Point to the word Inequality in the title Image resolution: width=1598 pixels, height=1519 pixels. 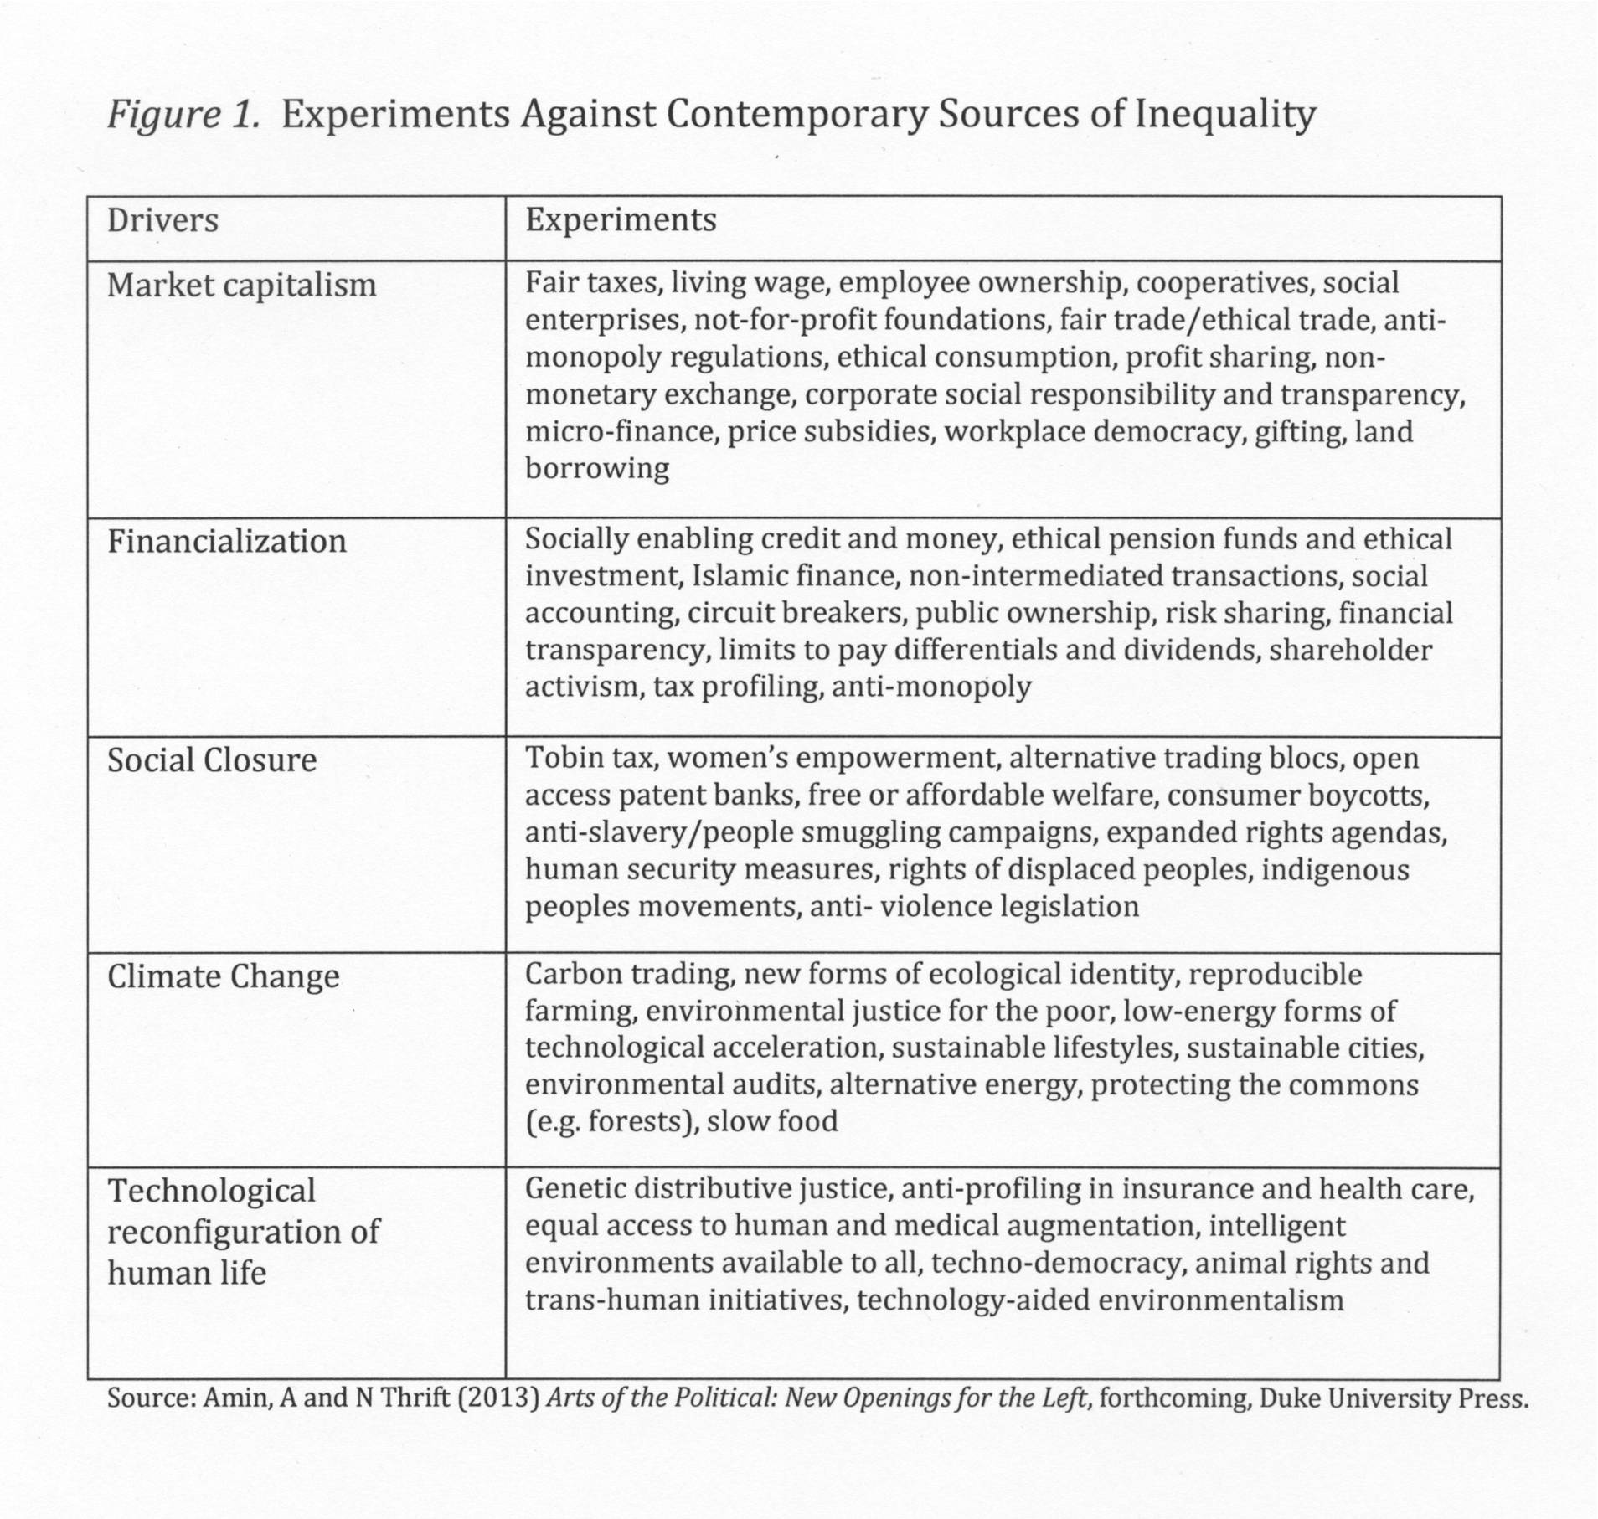click(x=1224, y=115)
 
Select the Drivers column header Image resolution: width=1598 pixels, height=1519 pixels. click(x=162, y=220)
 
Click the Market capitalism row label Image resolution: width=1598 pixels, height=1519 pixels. click(x=241, y=286)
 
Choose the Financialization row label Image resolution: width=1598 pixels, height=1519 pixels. click(x=226, y=541)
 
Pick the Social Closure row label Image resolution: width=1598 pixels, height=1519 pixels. click(x=212, y=760)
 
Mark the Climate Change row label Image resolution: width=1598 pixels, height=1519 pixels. click(x=223, y=976)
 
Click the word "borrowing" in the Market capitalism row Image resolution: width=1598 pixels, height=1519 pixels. click(x=597, y=468)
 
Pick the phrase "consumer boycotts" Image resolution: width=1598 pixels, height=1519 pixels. click(x=1297, y=796)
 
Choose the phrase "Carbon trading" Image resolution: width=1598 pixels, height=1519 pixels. click(x=627, y=975)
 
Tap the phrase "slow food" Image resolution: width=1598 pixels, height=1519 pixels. click(x=771, y=1121)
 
